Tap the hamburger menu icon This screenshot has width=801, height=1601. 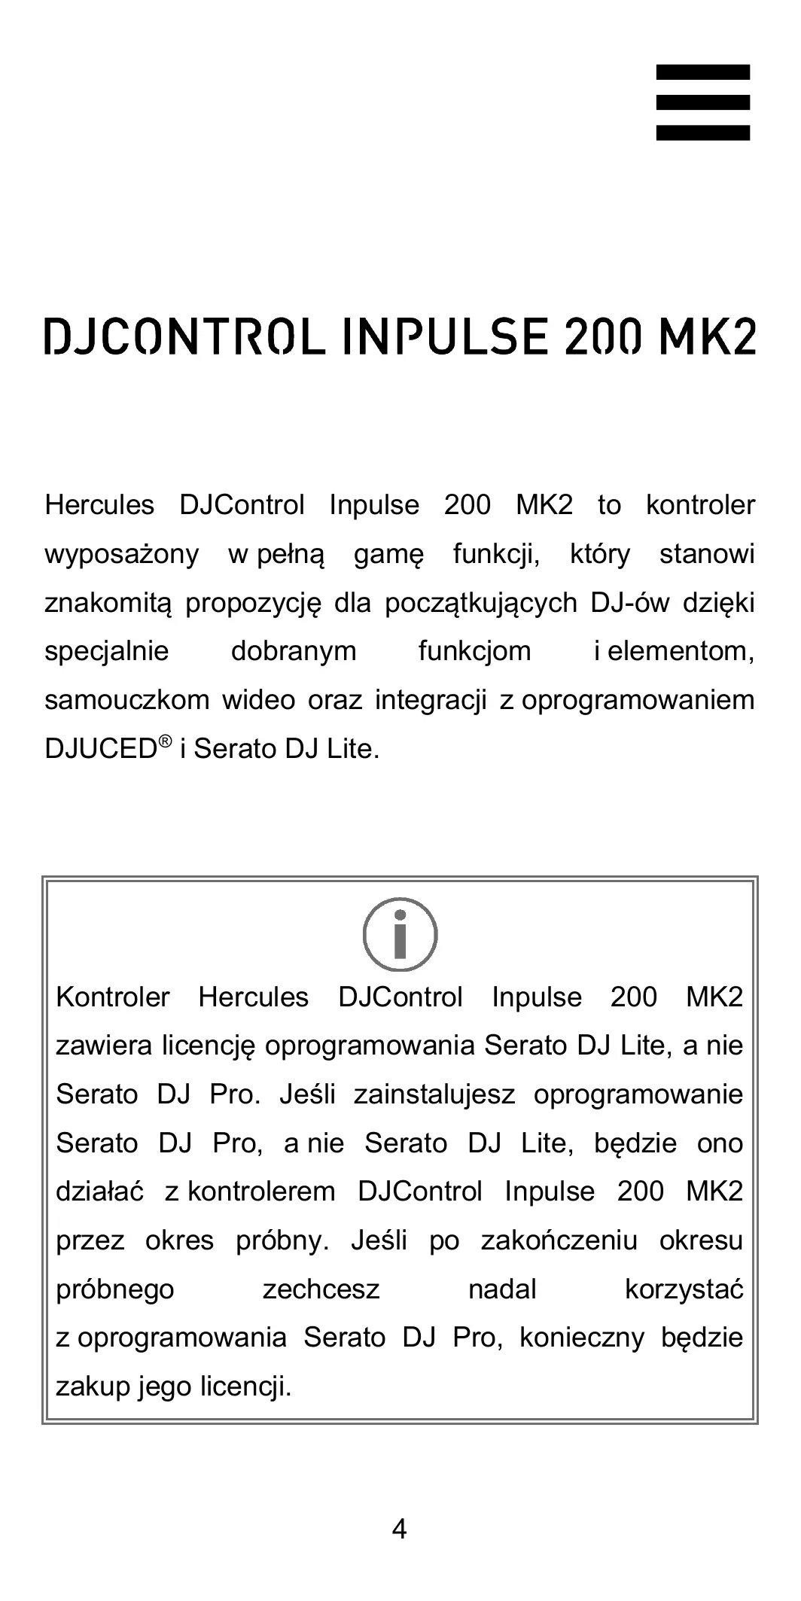pos(702,102)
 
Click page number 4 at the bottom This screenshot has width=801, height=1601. pos(400,1529)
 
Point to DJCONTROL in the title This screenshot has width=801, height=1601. pos(185,337)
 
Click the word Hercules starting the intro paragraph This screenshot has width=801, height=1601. pos(99,505)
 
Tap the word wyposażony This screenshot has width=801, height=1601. pos(122,555)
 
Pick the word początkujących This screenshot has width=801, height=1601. pos(481,604)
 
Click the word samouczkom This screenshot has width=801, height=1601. pos(126,701)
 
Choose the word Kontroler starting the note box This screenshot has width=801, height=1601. pos(113,997)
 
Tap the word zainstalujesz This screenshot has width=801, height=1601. pos(434,1094)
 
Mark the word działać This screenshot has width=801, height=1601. pos(99,1192)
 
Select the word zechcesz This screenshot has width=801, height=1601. pos(321,1289)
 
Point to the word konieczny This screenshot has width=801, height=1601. pos(582,1338)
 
